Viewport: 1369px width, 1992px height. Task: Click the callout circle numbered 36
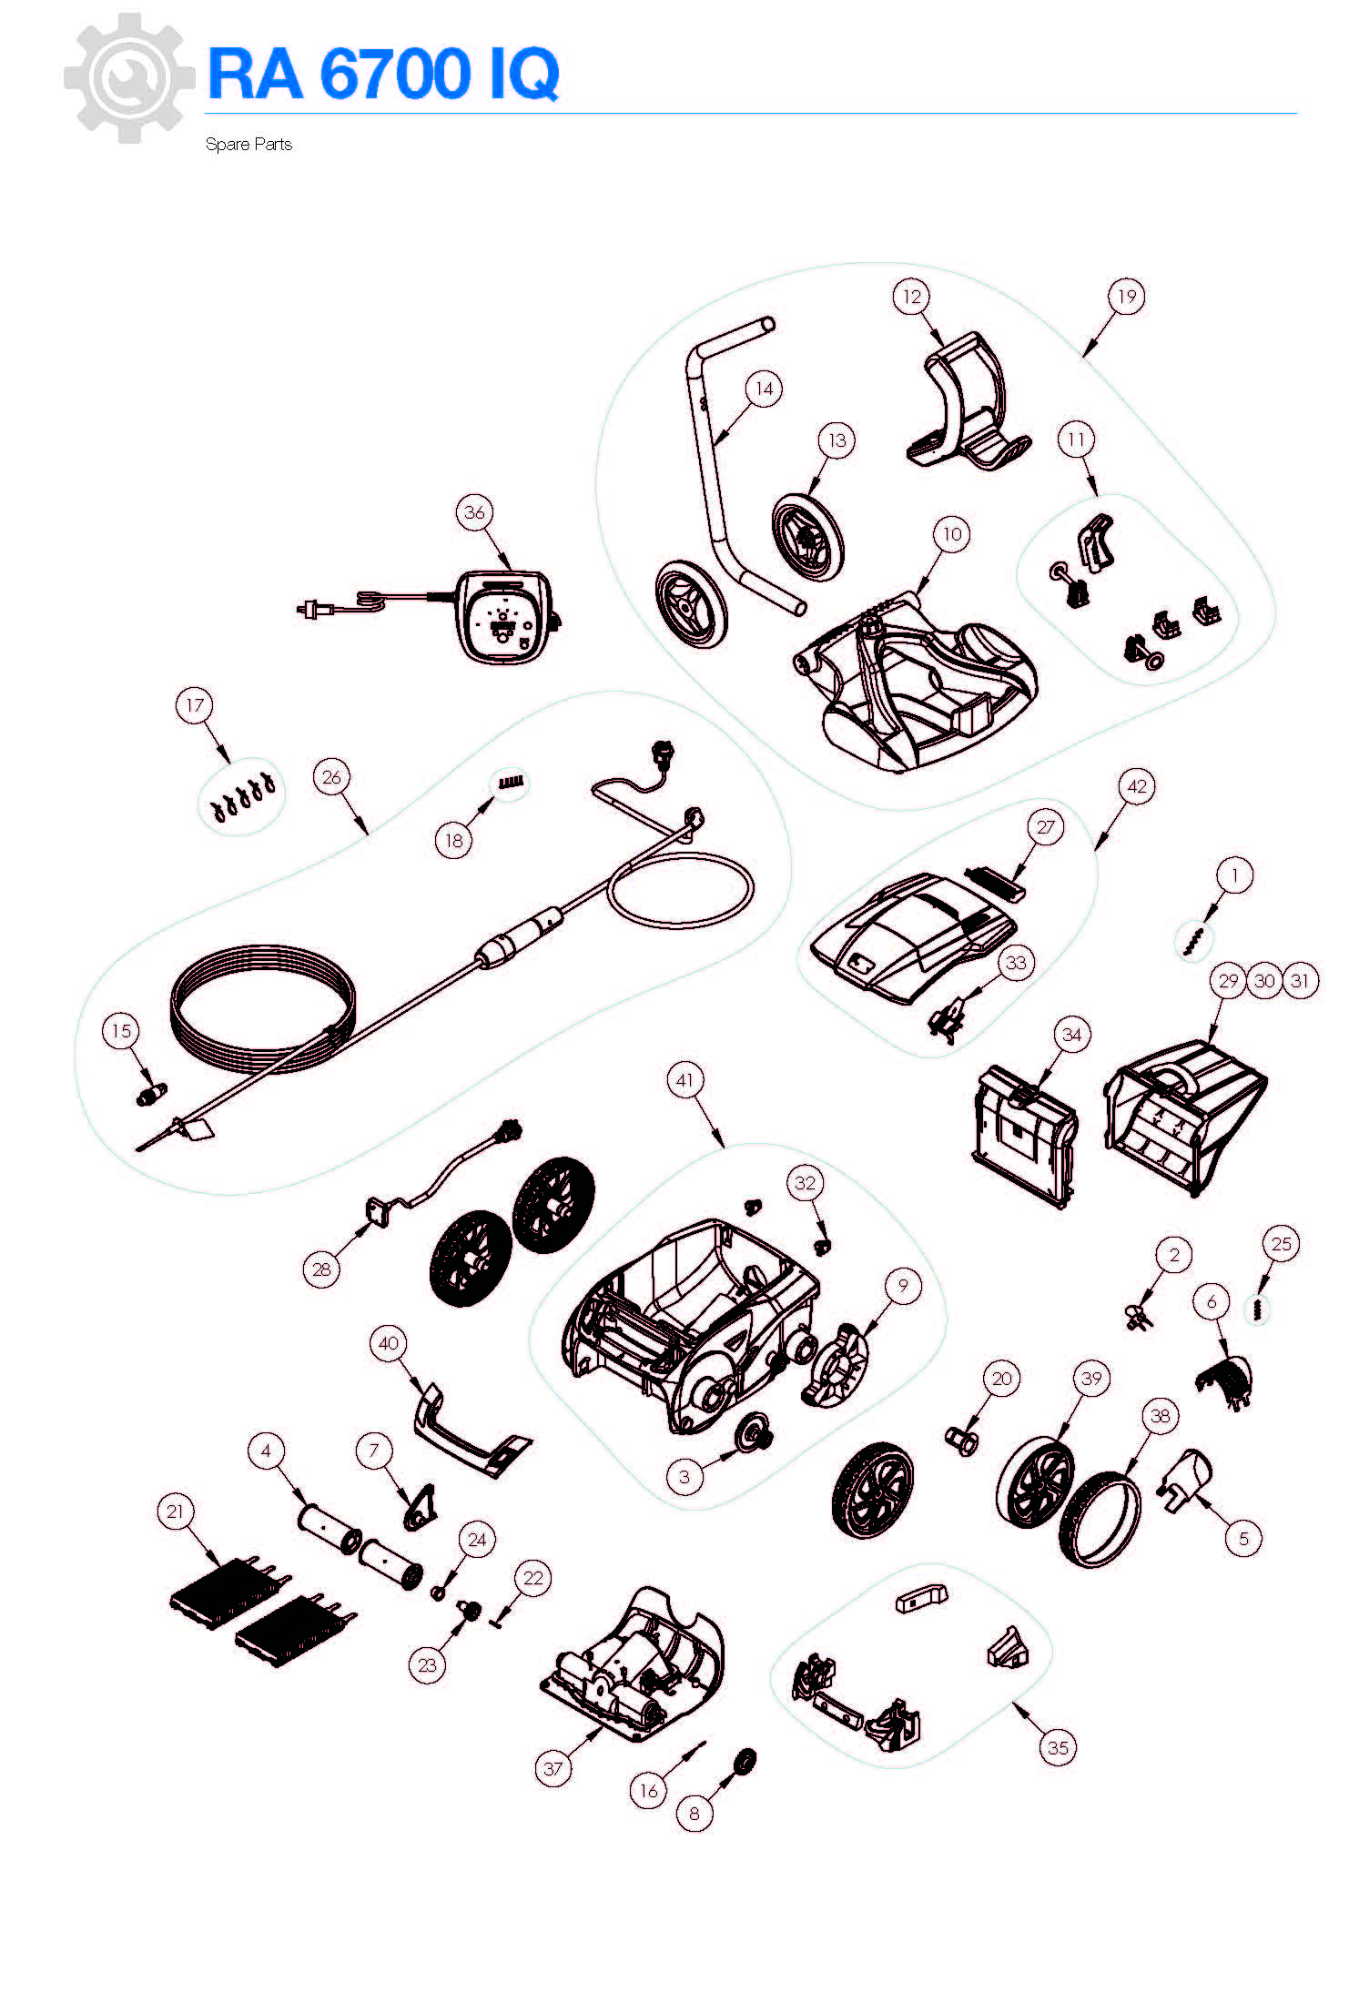(x=475, y=512)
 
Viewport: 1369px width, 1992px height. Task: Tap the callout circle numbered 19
(x=1127, y=297)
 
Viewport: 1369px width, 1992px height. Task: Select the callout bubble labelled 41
(x=685, y=1080)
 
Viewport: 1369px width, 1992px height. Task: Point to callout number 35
(x=1058, y=1747)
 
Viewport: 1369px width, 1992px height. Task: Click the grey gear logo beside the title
(x=129, y=78)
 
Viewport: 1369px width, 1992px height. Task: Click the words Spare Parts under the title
(x=248, y=145)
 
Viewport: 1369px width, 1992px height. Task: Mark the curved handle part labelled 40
(x=471, y=1431)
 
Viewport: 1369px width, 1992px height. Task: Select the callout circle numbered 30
(x=1264, y=981)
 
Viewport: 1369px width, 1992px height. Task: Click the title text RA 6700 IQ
(x=383, y=74)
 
